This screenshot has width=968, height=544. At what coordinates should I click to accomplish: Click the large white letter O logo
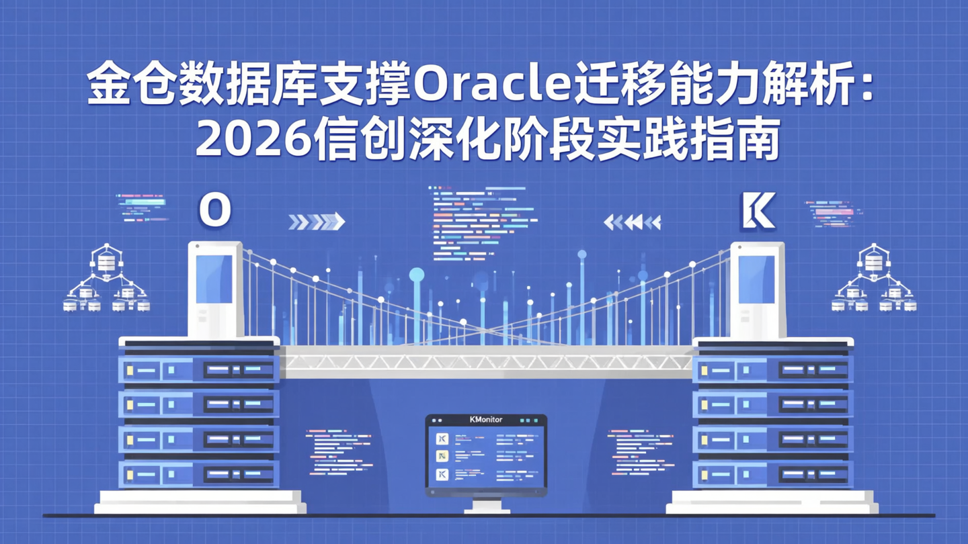pos(215,210)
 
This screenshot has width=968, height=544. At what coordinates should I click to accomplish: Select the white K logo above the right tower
pos(757,211)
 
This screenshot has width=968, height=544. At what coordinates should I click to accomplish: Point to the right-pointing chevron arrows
pos(317,222)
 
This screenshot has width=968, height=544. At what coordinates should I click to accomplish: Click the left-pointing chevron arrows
pos(632,222)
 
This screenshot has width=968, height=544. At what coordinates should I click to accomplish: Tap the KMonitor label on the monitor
pos(485,420)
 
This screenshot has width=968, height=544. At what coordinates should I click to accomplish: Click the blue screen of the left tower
pos(214,279)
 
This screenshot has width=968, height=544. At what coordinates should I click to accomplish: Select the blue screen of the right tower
pos(756,279)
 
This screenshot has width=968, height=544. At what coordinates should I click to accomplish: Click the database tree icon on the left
pos(106,279)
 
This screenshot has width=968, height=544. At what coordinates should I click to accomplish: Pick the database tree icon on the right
pos(873,279)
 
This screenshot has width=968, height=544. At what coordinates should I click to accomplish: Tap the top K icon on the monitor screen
pos(442,439)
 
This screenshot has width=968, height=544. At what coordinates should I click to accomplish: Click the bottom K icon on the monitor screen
pos(442,475)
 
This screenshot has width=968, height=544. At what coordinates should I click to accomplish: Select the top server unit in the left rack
pos(199,369)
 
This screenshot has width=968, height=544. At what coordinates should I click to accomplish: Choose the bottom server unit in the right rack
pos(773,474)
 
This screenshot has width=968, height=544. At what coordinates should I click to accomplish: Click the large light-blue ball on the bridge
pos(417,274)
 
